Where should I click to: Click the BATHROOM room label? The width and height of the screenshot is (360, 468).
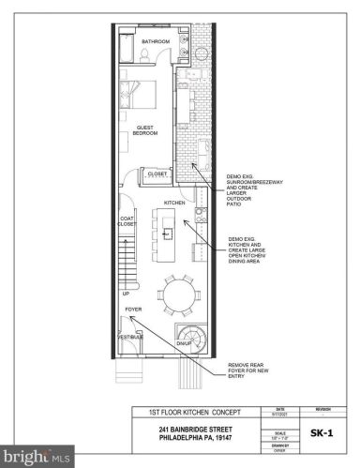click(x=156, y=42)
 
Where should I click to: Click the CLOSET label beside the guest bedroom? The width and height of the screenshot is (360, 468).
click(x=157, y=174)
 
